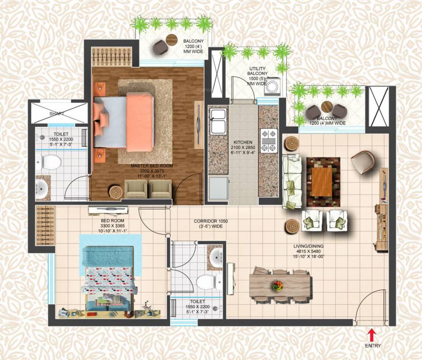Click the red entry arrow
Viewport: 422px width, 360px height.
pyautogui.click(x=371, y=334)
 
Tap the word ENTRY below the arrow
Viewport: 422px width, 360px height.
pyautogui.click(x=373, y=346)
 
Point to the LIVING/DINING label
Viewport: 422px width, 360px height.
pyautogui.click(x=307, y=246)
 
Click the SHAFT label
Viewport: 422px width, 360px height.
pyautogui.click(x=57, y=114)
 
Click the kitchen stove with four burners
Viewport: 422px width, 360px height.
pyautogui.click(x=269, y=141)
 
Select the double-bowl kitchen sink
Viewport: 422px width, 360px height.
pyautogui.click(x=218, y=120)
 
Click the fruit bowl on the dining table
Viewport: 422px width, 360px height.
pyautogui.click(x=278, y=285)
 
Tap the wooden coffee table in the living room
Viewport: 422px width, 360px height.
pyautogui.click(x=323, y=182)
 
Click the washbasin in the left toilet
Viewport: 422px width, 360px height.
pyautogui.click(x=42, y=188)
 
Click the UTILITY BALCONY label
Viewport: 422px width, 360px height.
pyautogui.click(x=258, y=71)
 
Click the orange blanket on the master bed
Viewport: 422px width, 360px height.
pyautogui.click(x=140, y=121)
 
